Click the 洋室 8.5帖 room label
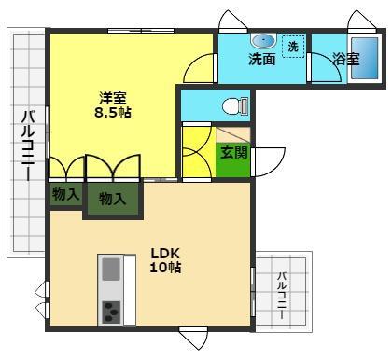[x=113, y=105]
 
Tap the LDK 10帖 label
[x=165, y=260]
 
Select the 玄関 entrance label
[x=233, y=153]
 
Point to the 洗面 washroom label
[x=262, y=60]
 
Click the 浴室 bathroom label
[x=346, y=59]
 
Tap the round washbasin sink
[x=263, y=41]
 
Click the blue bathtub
[x=365, y=58]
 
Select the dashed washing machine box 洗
[x=293, y=47]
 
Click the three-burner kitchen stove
[x=111, y=312]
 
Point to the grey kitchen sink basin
[x=111, y=270]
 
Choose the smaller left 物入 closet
[x=65, y=194]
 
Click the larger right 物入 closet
[x=113, y=199]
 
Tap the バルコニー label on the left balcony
[x=28, y=145]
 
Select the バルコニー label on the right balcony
[x=282, y=296]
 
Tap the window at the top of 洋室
[x=141, y=31]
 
